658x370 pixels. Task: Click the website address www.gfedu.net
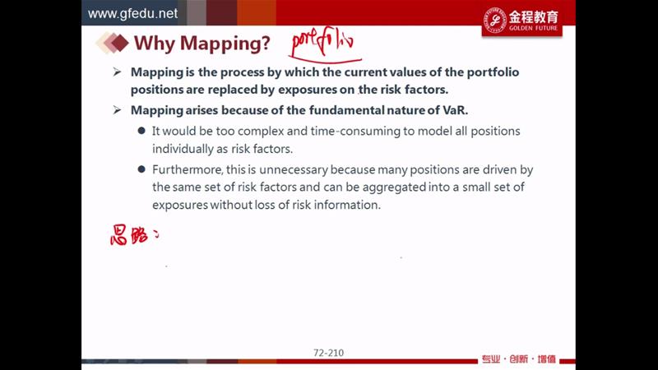click(x=132, y=13)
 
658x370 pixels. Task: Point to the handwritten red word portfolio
click(x=323, y=43)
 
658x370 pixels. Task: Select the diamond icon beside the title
click(x=112, y=43)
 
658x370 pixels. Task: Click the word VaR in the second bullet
click(x=455, y=110)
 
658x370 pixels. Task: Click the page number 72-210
click(x=328, y=353)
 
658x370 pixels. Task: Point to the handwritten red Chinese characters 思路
click(x=130, y=235)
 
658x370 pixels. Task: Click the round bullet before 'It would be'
click(x=141, y=131)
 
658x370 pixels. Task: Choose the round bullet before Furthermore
click(x=141, y=169)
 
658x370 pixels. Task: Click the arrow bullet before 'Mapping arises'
click(x=117, y=110)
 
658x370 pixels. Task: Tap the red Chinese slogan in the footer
click(x=519, y=359)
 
